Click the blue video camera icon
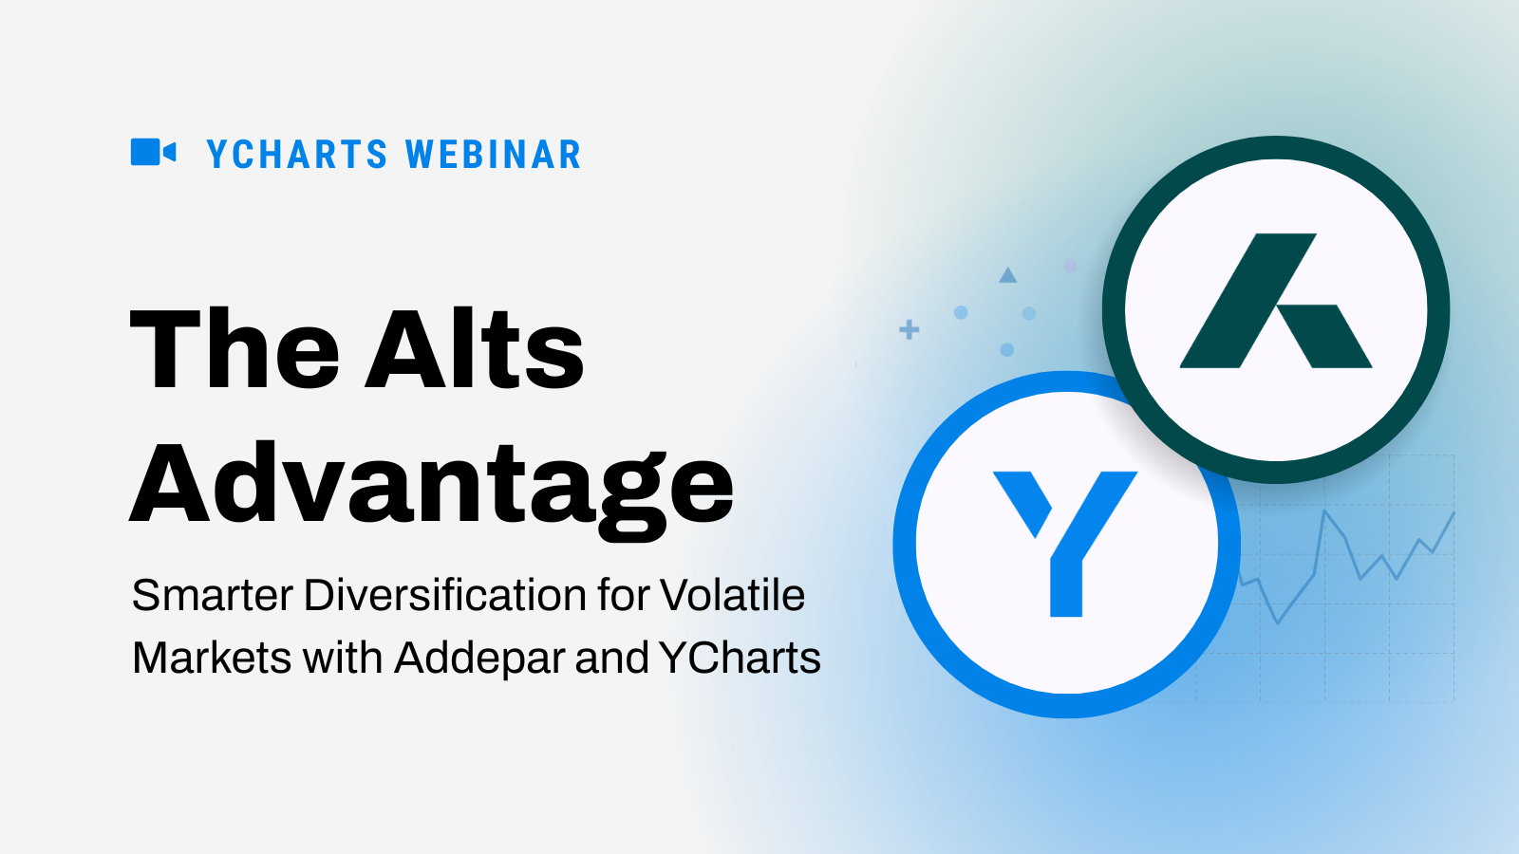153,152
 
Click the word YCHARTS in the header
297,155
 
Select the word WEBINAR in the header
494,155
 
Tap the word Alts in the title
475,349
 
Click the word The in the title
234,349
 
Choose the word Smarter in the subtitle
213,596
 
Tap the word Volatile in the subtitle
732,596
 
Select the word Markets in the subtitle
212,658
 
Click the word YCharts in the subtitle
740,658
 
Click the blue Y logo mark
1065,544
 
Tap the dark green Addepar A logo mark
1276,301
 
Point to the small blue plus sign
910,330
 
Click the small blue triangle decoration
1007,275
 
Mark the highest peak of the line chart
1324,511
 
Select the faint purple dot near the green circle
1071,266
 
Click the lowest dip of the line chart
1278,622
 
